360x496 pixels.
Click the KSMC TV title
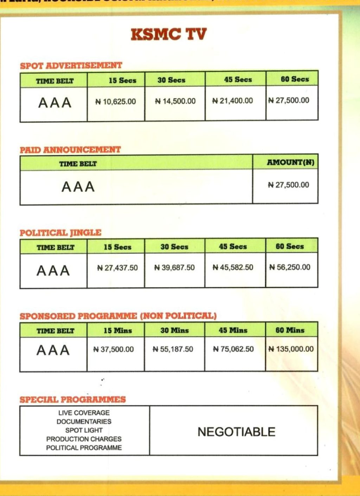coord(169,34)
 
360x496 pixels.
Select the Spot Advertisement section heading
coord(71,66)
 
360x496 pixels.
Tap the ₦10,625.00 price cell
coord(116,102)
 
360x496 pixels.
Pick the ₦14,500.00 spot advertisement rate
coord(175,101)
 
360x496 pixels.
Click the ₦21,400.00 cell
coord(233,101)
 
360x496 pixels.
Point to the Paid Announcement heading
coord(70,150)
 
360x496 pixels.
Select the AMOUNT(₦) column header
coord(290,162)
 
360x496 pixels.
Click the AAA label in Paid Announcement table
coord(78,187)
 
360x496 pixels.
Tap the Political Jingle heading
coord(60,233)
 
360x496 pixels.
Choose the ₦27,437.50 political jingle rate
coord(117,268)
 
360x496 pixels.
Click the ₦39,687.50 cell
coord(174,268)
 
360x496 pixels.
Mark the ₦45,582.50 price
coord(233,268)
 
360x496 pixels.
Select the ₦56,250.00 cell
coord(290,267)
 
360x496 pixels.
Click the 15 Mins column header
coord(118,330)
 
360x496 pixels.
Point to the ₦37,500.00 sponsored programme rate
coord(114,349)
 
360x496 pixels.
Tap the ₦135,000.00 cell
coord(291,349)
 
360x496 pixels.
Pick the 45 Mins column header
coord(233,330)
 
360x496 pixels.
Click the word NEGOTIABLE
coord(236,432)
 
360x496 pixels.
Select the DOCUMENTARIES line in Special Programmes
coord(84,421)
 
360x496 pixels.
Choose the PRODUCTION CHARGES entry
coord(84,439)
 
